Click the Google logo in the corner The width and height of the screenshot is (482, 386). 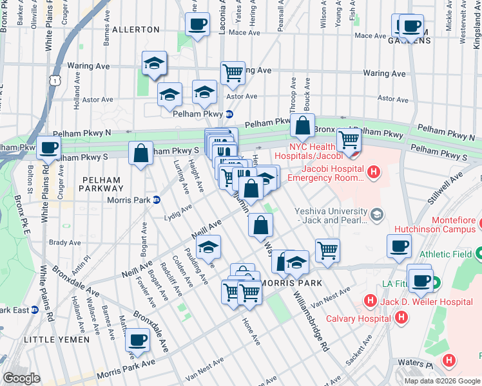(x=21, y=378)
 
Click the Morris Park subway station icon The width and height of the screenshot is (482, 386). (x=156, y=199)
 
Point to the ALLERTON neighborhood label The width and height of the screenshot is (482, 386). (x=135, y=30)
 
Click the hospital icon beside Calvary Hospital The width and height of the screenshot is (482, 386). (x=401, y=317)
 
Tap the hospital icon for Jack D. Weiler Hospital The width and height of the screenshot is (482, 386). (x=370, y=300)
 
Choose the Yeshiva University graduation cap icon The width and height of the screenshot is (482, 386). (x=376, y=212)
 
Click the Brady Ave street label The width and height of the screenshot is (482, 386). (x=64, y=243)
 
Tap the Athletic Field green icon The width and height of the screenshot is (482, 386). (x=477, y=254)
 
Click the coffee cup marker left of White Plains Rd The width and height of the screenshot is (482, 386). (x=48, y=147)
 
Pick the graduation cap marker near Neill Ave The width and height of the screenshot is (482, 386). (x=208, y=246)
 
